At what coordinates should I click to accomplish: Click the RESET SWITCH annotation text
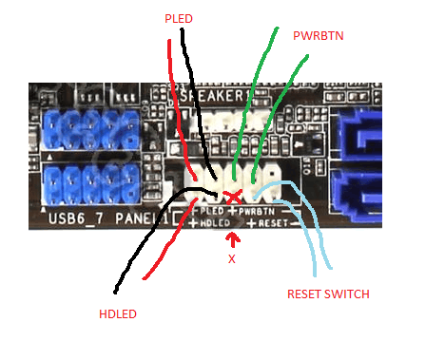328,294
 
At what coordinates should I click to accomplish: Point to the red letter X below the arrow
230,257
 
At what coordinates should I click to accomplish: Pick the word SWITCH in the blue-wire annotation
349,294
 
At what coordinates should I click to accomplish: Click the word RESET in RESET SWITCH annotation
306,294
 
